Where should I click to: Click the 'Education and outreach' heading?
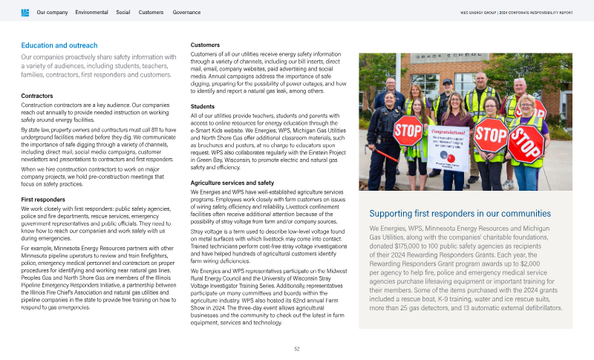59,45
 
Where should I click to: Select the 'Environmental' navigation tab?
91,13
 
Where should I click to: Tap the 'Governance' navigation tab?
186,13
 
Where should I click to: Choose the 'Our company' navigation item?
52,13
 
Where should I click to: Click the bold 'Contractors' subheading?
37,96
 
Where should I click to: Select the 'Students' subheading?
203,106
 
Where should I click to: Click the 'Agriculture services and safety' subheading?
232,183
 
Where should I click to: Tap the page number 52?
297,348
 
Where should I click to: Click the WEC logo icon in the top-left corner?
26,13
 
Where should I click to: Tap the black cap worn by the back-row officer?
447,82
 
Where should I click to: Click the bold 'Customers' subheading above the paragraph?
205,45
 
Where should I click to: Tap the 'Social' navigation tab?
123,13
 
